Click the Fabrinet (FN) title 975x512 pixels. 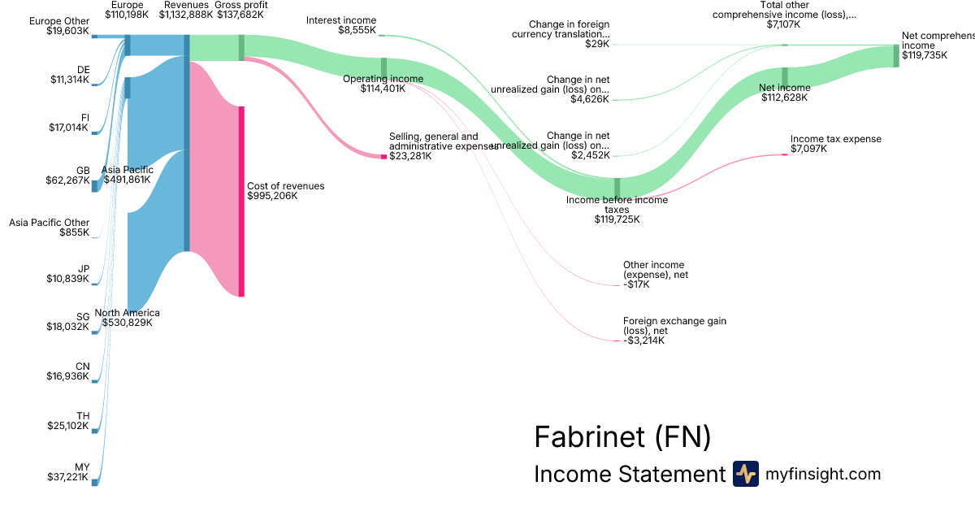[x=622, y=437]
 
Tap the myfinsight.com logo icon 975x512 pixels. [x=745, y=474]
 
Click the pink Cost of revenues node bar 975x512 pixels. [x=240, y=201]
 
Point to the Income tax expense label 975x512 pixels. [x=835, y=139]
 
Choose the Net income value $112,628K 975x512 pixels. [x=786, y=98]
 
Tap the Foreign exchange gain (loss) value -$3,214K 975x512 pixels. [x=644, y=341]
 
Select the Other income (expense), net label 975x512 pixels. [x=655, y=270]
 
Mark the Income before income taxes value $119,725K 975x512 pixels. [x=617, y=219]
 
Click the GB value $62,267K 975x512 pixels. [x=67, y=180]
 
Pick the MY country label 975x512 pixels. [x=83, y=467]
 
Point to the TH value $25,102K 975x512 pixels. [x=67, y=426]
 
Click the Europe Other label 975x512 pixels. [x=58, y=21]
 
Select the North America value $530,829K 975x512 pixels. [x=127, y=323]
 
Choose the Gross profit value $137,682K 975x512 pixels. [x=240, y=15]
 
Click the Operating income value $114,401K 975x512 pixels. [x=383, y=89]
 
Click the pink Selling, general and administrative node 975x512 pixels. [x=384, y=156]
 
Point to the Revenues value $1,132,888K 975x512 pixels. [x=186, y=15]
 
